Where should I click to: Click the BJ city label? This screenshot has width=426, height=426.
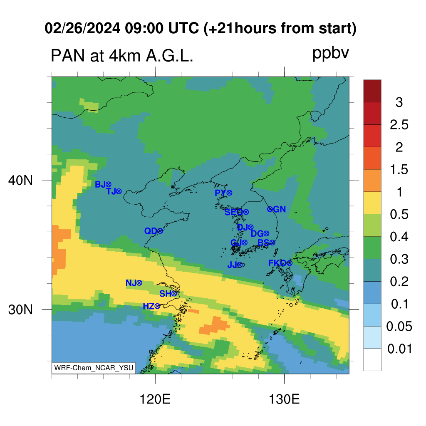point(100,184)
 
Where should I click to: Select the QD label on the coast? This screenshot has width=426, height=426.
point(151,231)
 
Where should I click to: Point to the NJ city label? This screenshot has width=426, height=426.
point(131,283)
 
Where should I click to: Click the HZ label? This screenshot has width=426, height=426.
point(149,307)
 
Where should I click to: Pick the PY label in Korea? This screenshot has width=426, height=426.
point(220,193)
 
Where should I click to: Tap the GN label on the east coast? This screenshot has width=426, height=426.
point(280,209)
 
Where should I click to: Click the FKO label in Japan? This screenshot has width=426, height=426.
point(277,263)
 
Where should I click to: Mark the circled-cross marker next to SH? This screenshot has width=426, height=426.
point(174,293)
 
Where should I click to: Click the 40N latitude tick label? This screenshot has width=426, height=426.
point(20,181)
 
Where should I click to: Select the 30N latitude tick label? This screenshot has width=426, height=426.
point(20,310)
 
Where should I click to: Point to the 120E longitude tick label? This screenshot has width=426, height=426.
point(155,399)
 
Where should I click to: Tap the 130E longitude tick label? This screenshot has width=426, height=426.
point(284,399)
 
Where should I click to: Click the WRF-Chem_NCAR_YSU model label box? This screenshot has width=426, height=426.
point(94,368)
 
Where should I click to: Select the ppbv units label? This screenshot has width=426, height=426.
point(330,53)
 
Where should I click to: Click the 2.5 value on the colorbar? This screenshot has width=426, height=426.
point(399,125)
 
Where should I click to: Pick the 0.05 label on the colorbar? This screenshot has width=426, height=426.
point(399,326)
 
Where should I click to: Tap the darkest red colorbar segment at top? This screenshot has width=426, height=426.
point(372,91)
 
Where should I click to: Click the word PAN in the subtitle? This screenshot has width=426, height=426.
point(68,56)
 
